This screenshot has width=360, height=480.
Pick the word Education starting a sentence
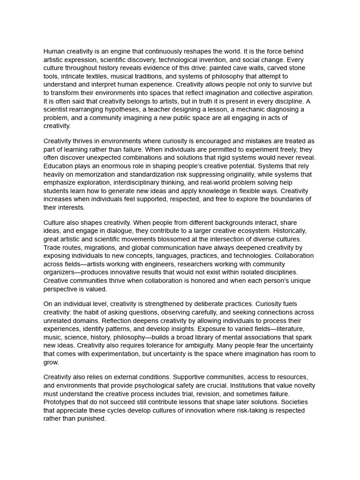click(x=60, y=166)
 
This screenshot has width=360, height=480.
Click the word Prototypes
click(x=60, y=402)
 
